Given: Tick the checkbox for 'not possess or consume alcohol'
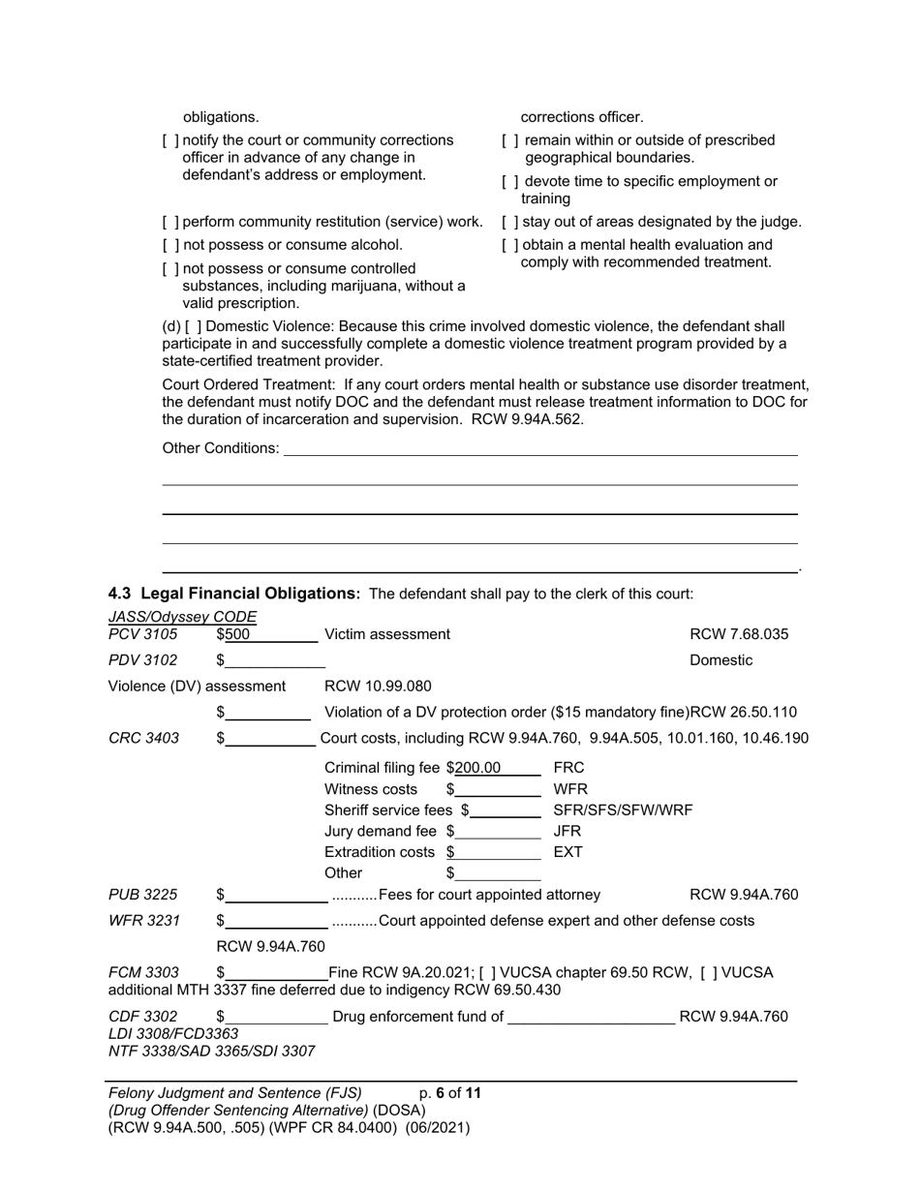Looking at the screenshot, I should tap(170, 245).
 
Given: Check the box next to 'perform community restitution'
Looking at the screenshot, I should tap(170, 222).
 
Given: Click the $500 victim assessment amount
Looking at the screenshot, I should tap(238, 634).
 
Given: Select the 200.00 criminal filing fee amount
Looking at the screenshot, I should tap(478, 768).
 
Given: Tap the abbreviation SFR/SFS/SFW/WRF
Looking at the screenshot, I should tap(623, 810).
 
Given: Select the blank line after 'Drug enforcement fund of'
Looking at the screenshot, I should tap(591, 1017).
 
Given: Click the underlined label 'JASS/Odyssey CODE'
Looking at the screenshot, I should tap(182, 617).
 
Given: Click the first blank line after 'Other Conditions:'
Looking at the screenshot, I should tap(540, 448).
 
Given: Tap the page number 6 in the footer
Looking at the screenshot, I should tap(440, 1093).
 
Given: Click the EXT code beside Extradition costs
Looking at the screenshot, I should tap(567, 852).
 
